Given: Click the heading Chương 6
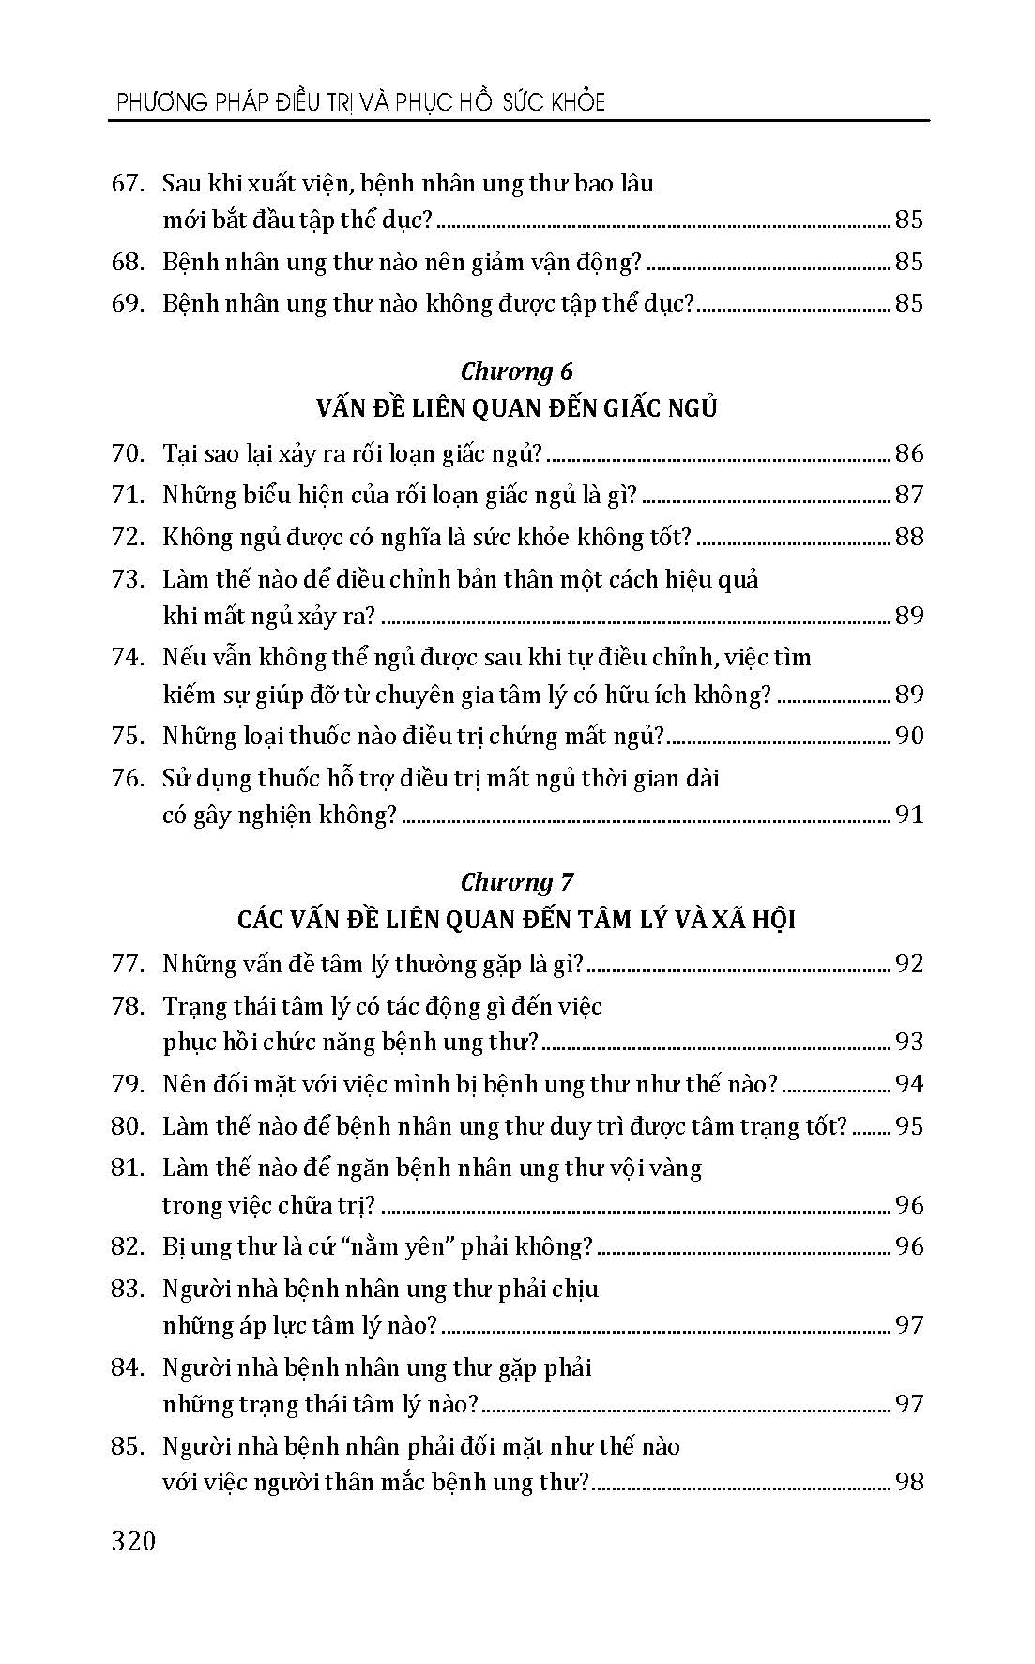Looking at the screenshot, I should [x=516, y=372].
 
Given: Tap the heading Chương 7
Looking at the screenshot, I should [x=516, y=882].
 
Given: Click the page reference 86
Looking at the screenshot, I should [x=909, y=454].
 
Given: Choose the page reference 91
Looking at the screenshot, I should [x=909, y=815].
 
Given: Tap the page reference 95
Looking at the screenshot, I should [x=909, y=1126].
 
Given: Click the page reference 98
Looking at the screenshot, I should [x=909, y=1482].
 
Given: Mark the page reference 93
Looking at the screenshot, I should [x=909, y=1042].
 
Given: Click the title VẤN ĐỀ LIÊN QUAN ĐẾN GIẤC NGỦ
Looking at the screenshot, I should [x=516, y=409].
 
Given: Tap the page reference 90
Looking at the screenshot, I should [x=909, y=736].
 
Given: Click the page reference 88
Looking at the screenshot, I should [x=909, y=537].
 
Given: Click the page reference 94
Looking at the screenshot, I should [x=909, y=1084].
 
